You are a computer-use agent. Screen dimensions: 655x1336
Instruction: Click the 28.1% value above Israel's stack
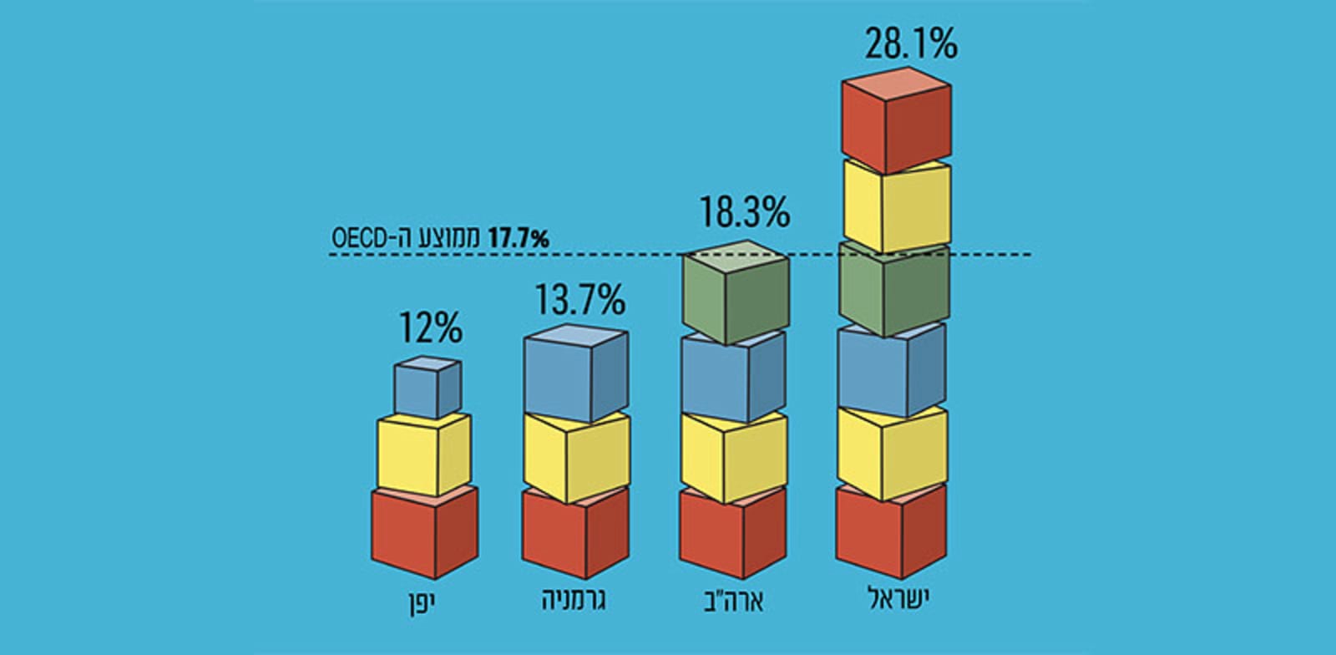point(910,45)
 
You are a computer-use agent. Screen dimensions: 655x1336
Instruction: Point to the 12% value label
point(429,329)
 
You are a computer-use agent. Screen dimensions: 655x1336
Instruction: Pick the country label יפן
point(423,602)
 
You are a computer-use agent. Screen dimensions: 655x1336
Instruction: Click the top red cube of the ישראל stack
point(896,121)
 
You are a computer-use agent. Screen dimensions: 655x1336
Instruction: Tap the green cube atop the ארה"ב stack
point(735,297)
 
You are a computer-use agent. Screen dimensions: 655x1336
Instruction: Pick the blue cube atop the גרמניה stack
point(574,376)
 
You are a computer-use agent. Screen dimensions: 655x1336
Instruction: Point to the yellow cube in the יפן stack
point(423,455)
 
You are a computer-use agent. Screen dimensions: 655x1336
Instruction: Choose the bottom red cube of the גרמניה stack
point(574,535)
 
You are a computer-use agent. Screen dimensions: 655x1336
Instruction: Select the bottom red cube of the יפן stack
point(423,535)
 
